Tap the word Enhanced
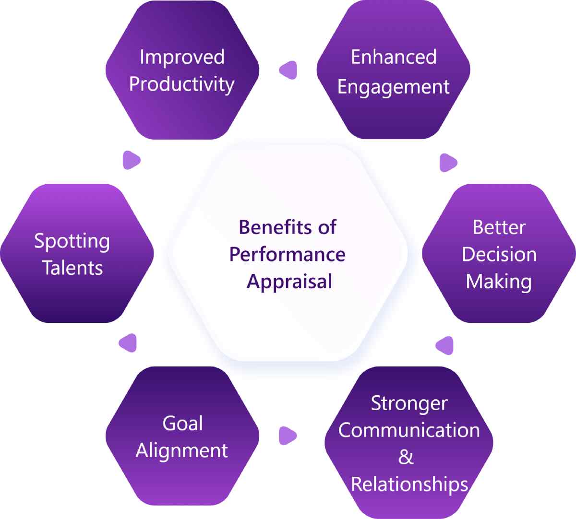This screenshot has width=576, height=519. coord(394,57)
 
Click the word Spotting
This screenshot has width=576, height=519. coord(72,242)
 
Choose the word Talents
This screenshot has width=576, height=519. coord(72,268)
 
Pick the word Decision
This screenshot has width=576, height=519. coord(499,255)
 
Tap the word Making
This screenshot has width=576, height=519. coord(499,283)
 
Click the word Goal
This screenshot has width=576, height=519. coord(182,423)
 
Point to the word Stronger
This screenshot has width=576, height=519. coord(409,404)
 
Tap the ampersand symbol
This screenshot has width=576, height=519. coord(406,457)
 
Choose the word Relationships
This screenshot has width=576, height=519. coord(409,485)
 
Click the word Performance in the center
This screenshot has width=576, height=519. coord(287,255)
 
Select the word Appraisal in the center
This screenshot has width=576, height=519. coord(289,283)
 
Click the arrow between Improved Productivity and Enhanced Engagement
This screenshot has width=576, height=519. coord(288,70)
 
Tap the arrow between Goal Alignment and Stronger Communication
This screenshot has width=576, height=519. coord(288,436)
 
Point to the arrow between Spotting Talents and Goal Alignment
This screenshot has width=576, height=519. coord(128,343)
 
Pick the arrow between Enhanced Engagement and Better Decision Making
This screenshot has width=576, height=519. coord(448,163)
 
